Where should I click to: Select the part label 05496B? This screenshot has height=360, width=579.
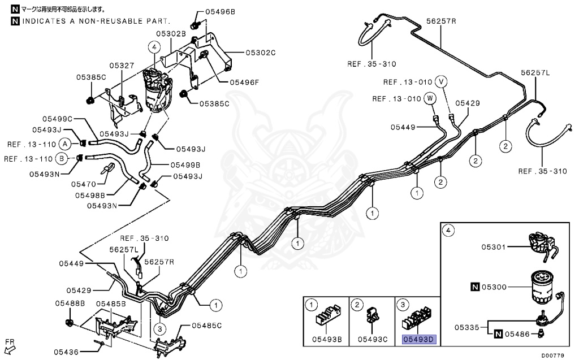click(220, 11)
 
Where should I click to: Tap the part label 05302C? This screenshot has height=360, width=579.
click(260, 53)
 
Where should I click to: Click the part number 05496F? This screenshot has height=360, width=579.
click(244, 81)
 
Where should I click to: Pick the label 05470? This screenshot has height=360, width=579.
click(84, 184)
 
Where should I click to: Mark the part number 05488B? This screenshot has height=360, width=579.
click(70, 303)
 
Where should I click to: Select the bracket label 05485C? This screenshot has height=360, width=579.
click(206, 326)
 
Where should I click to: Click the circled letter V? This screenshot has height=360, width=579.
click(442, 81)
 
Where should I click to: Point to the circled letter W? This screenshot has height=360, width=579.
click(430, 98)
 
